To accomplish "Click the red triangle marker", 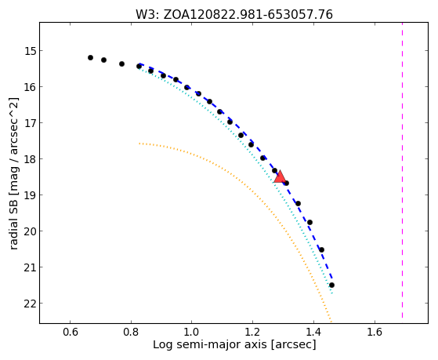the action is (280, 176).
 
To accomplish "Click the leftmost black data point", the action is (90, 57).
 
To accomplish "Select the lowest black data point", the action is (332, 285).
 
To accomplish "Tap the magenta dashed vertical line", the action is (402, 170).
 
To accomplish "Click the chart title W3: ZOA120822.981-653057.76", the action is (234, 14).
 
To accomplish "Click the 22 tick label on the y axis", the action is (30, 304).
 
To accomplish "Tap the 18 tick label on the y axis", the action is (30, 159).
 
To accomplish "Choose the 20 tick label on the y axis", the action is (30, 231).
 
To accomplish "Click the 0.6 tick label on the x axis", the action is (70, 332).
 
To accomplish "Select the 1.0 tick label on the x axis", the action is (191, 332).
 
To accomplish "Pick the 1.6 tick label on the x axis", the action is (375, 332).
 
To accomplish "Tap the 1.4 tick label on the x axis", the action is (313, 332).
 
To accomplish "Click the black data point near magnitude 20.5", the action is (321, 249).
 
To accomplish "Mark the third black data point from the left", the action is (121, 64).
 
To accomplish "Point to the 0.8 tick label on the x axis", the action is (131, 332).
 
